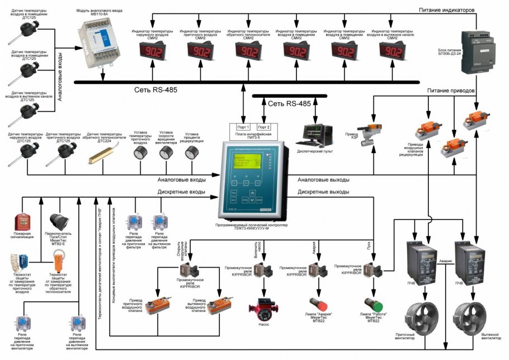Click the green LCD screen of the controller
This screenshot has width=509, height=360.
click(x=246, y=164)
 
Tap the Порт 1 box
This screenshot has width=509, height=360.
click(x=243, y=127)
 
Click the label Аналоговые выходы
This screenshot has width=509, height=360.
click(x=324, y=180)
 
